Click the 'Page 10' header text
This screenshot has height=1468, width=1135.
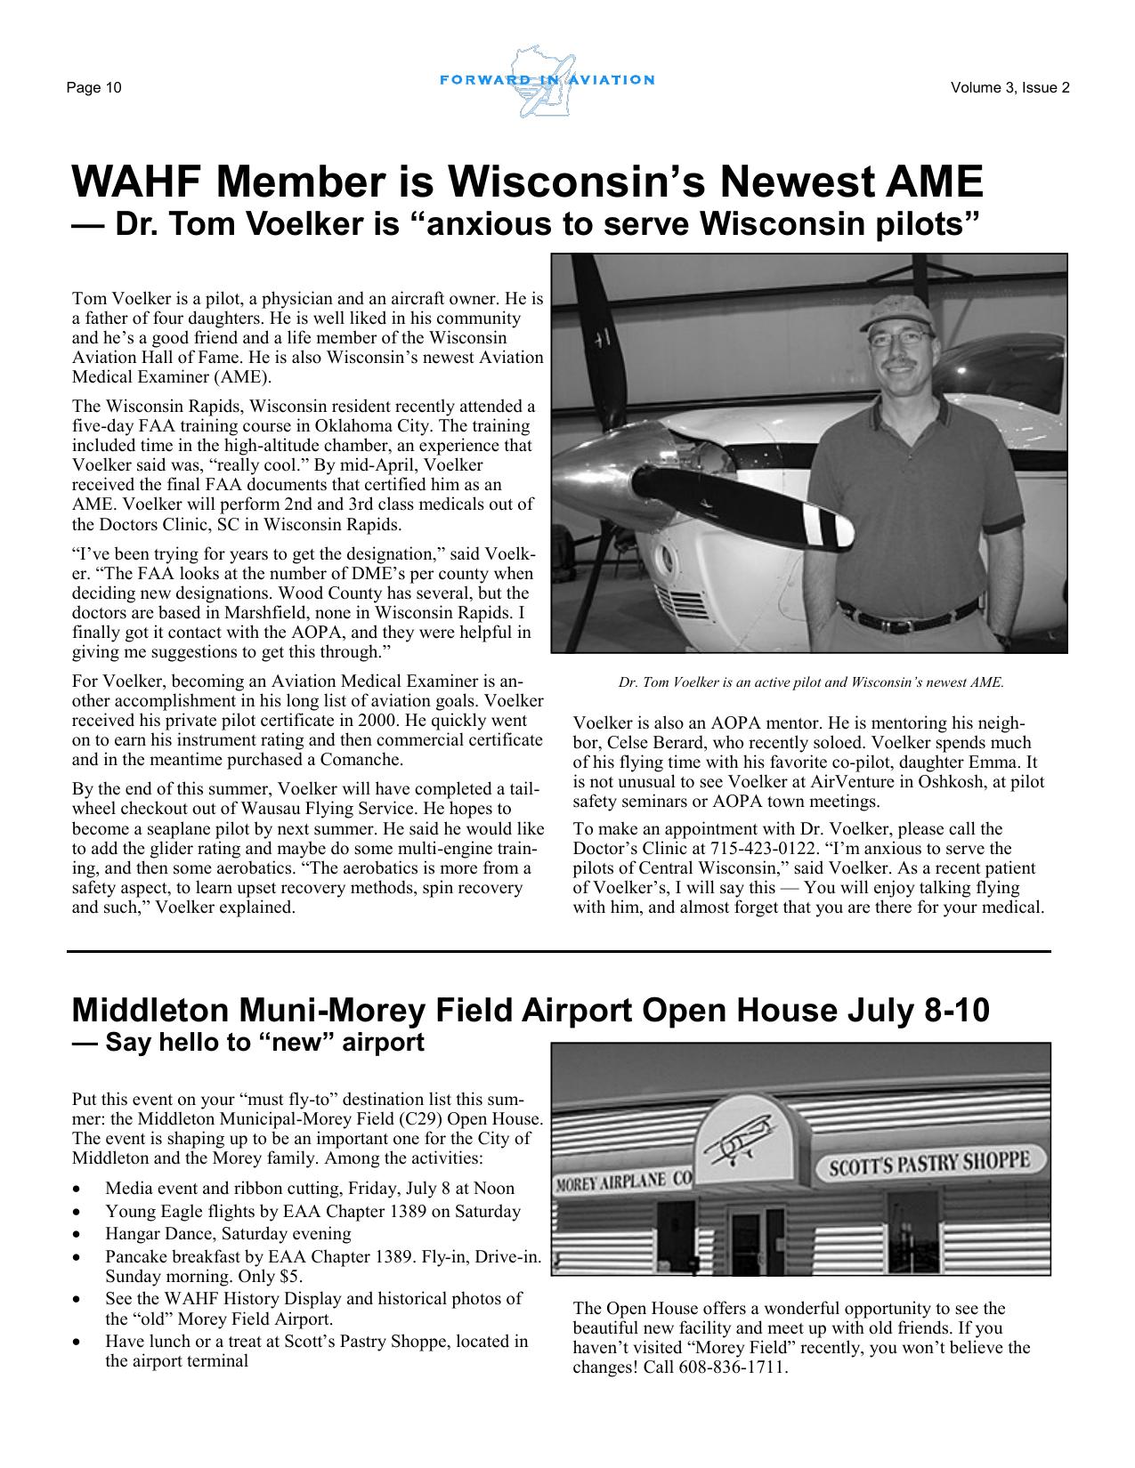pyautogui.click(x=93, y=87)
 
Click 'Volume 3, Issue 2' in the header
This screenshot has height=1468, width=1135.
pyautogui.click(x=1009, y=87)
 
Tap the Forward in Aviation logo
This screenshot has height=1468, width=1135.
pyautogui.click(x=547, y=81)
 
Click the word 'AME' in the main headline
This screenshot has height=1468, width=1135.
pyautogui.click(x=931, y=181)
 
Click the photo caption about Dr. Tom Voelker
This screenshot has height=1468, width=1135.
pyautogui.click(x=810, y=683)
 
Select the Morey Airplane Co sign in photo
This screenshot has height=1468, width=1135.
pyautogui.click(x=623, y=1181)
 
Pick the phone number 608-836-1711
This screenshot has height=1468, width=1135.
pyautogui.click(x=733, y=1367)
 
